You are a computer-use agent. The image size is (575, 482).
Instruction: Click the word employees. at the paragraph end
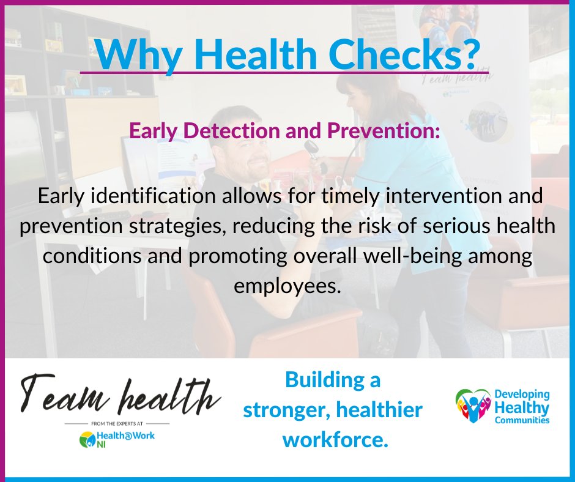tap(287, 284)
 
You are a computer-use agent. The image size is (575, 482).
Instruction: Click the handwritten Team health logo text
tap(119, 396)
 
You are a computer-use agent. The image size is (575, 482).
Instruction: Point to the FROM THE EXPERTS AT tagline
tap(117, 423)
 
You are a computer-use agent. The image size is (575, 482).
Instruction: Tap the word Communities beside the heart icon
tap(522, 420)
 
